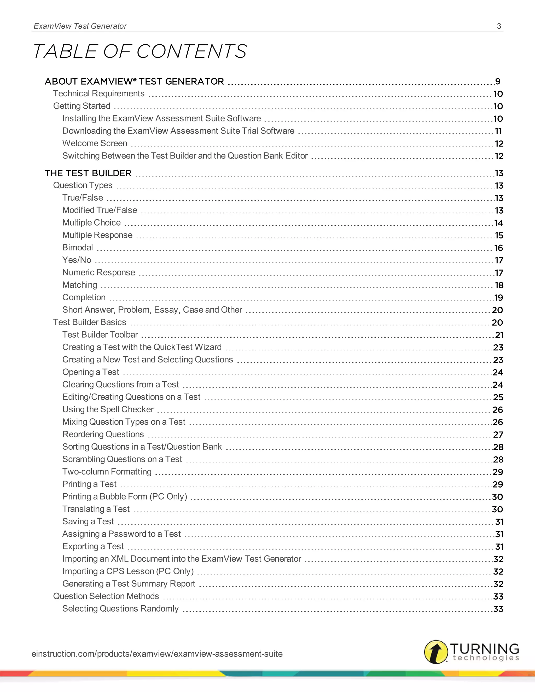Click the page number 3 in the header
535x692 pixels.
[x=499, y=26]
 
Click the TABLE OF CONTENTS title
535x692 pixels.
[x=139, y=51]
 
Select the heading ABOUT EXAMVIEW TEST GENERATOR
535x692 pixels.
[x=134, y=81]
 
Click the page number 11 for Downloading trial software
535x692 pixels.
[x=498, y=131]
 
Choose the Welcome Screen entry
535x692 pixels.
[x=95, y=143]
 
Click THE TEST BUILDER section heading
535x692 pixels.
[x=88, y=173]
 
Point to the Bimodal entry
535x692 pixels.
[x=77, y=248]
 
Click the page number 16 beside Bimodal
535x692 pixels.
[x=498, y=248]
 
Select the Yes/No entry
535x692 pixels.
[x=77, y=260]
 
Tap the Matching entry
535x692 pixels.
[x=80, y=285]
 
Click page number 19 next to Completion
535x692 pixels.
[x=498, y=297]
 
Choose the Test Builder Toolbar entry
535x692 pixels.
[x=100, y=335]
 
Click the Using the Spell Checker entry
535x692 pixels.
[x=108, y=409]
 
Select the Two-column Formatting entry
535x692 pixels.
[x=107, y=471]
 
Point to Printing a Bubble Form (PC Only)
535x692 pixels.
[x=125, y=496]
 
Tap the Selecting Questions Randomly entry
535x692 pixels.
[x=120, y=609]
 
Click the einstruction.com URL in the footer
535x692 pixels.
[x=157, y=654]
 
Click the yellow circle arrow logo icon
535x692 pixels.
[x=436, y=652]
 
